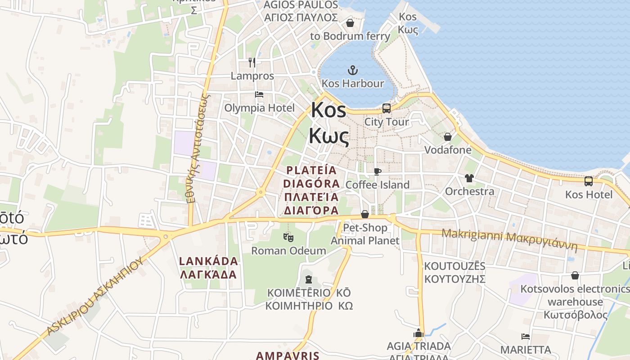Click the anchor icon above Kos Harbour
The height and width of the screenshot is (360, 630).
[x=353, y=70]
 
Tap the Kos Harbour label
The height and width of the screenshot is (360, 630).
[x=353, y=84]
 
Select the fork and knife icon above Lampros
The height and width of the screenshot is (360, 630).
[x=252, y=63]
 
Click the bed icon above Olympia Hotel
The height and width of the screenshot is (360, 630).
[x=259, y=94]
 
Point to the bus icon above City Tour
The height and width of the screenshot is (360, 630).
[x=387, y=108]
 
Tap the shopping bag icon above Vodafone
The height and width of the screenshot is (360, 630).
[x=448, y=137]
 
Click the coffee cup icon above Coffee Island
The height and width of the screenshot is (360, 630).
[x=378, y=171]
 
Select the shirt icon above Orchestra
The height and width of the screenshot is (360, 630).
[x=469, y=178]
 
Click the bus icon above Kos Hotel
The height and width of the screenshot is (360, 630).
[x=588, y=181]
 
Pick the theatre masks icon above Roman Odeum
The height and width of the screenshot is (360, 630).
[x=288, y=237]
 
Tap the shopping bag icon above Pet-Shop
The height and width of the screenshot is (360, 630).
[x=365, y=214]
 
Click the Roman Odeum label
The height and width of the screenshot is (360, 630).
[x=288, y=251]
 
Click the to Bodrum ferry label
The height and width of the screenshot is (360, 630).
[x=350, y=36]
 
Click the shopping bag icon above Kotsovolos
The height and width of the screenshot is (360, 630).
[x=575, y=275]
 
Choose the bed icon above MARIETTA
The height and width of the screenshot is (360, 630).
[x=525, y=337]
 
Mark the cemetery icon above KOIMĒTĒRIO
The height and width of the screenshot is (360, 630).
[x=308, y=279]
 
